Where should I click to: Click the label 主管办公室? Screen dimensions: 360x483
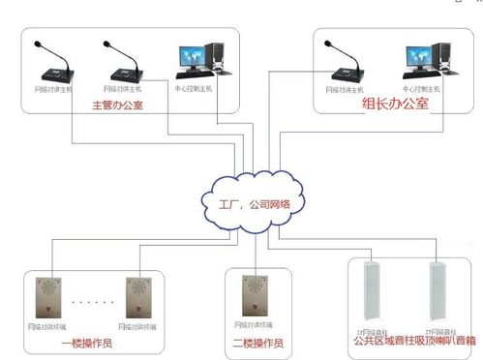click(x=116, y=104)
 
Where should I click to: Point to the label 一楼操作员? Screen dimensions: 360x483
click(x=88, y=343)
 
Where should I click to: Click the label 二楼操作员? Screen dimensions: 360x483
click(x=258, y=343)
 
